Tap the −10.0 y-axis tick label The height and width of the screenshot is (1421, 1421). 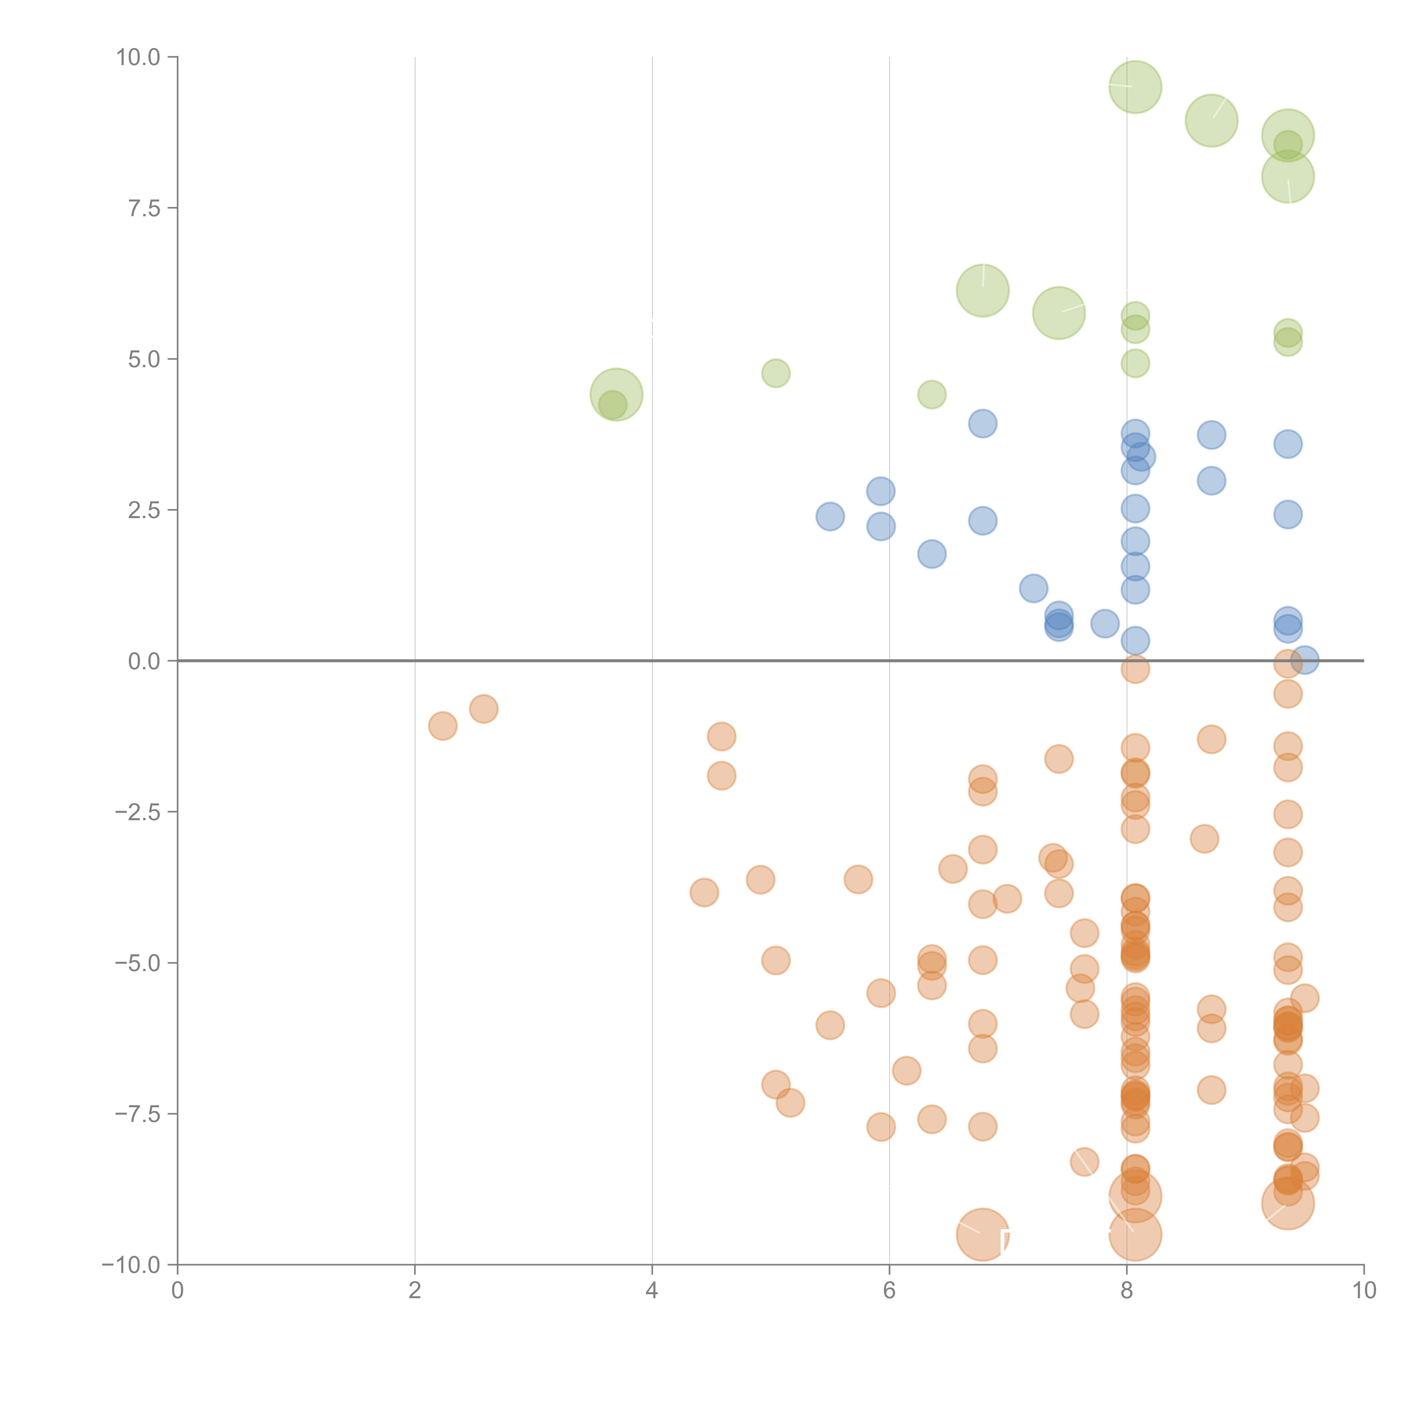(131, 1265)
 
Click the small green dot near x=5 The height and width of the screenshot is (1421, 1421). (775, 374)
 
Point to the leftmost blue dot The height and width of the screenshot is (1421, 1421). (830, 516)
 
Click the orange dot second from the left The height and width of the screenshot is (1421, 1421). (483, 709)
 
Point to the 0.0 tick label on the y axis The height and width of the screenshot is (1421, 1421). (144, 661)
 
